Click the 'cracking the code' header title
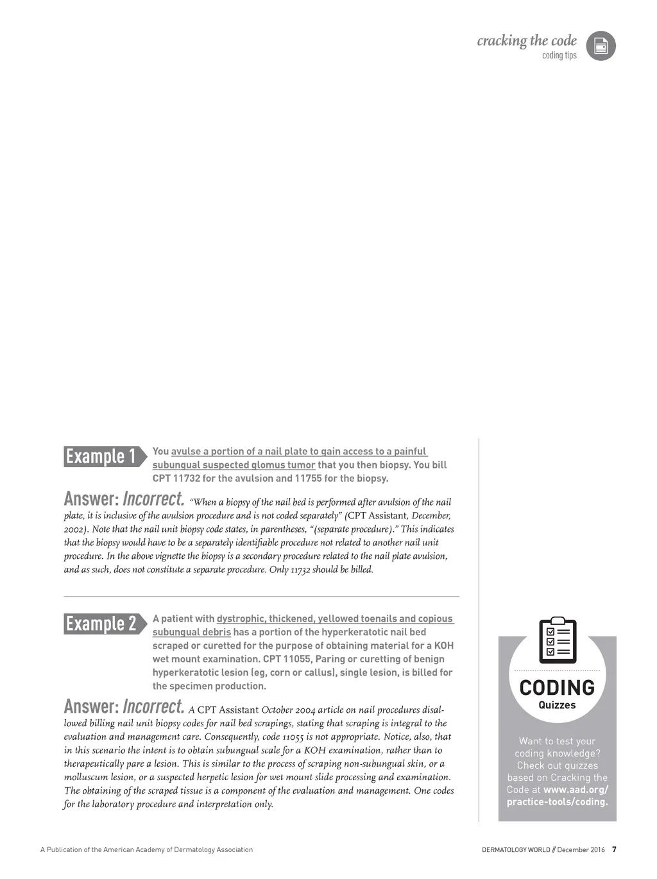(x=527, y=41)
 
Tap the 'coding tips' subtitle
(x=559, y=56)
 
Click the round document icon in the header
(x=601, y=46)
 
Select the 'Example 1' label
(x=101, y=456)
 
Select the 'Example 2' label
(x=101, y=624)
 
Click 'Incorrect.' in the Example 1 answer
(x=153, y=499)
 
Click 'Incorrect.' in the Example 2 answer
(x=153, y=706)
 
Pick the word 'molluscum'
(x=84, y=778)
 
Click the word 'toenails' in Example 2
(x=379, y=619)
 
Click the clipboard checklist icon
(x=557, y=640)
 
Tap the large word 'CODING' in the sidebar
(x=557, y=688)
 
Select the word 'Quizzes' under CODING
(x=557, y=705)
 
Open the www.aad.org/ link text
(x=576, y=790)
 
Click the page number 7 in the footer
(x=614, y=849)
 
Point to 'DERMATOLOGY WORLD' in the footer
(x=516, y=850)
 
